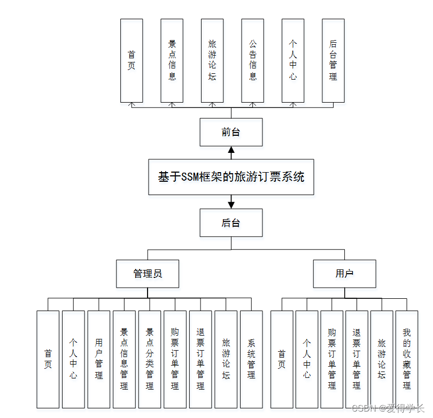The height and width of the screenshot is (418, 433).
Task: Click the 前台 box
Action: [x=231, y=132]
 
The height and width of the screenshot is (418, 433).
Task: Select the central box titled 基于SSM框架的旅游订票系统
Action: [x=231, y=177]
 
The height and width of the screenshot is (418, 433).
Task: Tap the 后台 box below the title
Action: [x=231, y=223]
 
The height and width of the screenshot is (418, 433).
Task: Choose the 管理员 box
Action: [x=148, y=274]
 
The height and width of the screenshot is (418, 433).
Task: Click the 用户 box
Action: [x=344, y=274]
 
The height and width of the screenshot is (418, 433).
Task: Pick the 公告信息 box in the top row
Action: [x=252, y=60]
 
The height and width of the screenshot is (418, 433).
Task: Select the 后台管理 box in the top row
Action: [x=333, y=60]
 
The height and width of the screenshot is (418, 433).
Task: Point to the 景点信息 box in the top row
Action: [x=172, y=60]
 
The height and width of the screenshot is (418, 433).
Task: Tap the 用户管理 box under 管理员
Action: [x=99, y=359]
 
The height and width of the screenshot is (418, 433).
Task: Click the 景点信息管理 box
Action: [x=124, y=359]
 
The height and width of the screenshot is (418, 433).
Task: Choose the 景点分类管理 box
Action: [x=150, y=359]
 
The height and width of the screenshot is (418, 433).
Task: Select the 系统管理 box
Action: [x=251, y=359]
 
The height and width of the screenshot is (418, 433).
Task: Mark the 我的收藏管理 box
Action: [x=407, y=359]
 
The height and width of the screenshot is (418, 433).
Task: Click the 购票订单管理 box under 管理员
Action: [x=175, y=359]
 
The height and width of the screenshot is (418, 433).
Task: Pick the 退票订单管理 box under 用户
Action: [x=357, y=359]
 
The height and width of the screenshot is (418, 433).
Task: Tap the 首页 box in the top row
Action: [x=132, y=60]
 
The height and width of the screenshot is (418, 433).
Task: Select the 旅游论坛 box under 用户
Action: [x=382, y=359]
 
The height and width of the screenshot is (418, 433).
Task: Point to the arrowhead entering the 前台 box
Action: [x=231, y=150]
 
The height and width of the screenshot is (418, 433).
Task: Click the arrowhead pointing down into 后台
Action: [x=231, y=204]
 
